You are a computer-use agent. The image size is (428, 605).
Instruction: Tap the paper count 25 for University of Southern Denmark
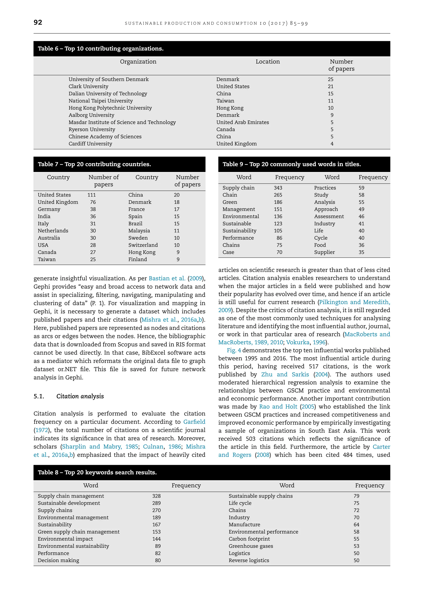click(330, 79)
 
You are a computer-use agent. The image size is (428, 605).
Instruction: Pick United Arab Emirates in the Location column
click(242, 122)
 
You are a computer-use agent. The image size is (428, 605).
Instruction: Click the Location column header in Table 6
click(267, 62)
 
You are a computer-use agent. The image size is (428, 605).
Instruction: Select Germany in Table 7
click(49, 209)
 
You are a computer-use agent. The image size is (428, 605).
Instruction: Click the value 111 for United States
click(92, 195)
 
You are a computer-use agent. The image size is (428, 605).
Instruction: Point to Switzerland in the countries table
click(143, 245)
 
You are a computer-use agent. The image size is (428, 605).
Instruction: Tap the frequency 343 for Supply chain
click(278, 188)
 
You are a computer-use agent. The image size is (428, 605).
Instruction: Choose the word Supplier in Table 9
click(324, 252)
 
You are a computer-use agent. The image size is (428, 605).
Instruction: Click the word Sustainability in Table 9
click(239, 231)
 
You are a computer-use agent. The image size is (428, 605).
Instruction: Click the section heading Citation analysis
click(80, 396)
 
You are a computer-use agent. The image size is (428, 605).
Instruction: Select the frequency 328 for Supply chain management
click(156, 496)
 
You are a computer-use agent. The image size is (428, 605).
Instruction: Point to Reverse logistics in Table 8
click(249, 561)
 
